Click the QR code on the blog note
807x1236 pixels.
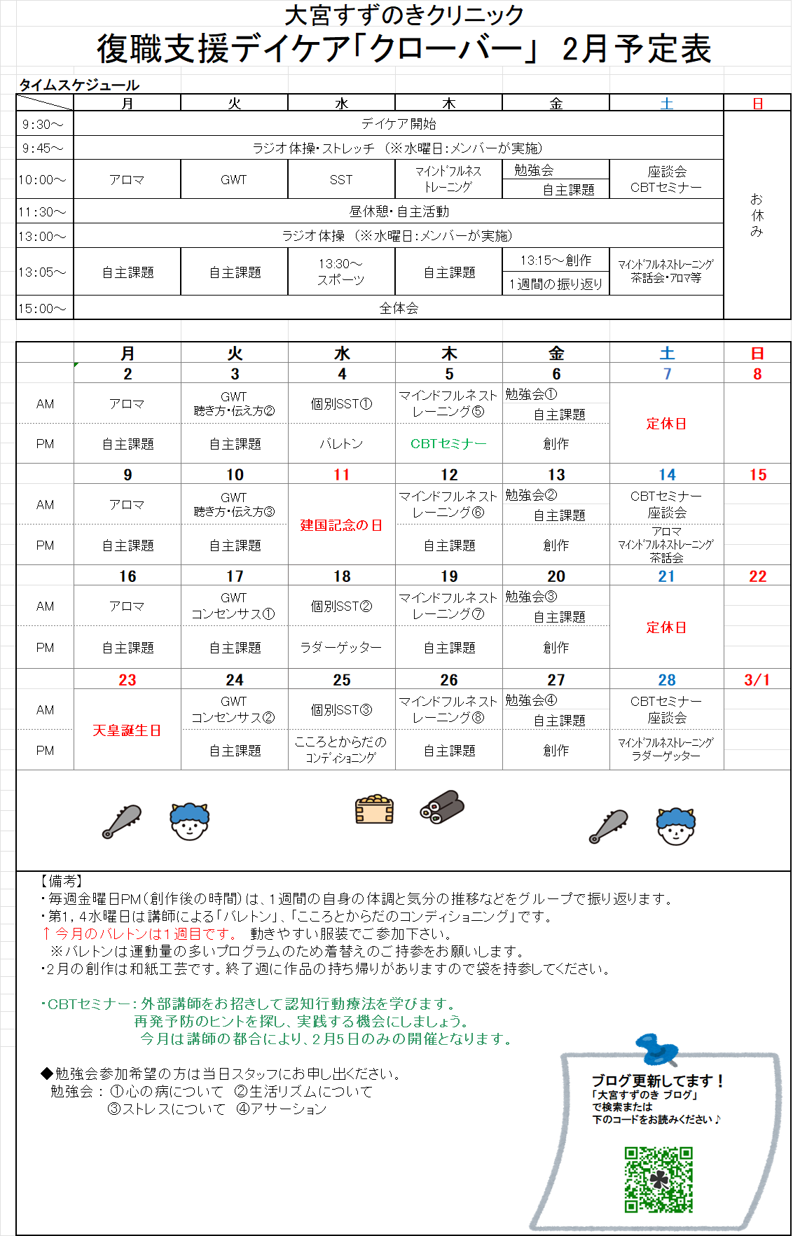(x=658, y=1180)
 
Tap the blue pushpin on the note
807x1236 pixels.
(x=656, y=1048)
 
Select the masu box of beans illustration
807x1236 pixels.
(x=374, y=810)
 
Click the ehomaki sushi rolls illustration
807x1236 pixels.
(x=442, y=807)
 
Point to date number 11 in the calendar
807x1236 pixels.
(x=342, y=475)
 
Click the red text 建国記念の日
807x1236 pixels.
(x=342, y=525)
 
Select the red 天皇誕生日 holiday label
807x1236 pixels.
(x=127, y=730)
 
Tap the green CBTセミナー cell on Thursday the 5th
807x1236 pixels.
(x=448, y=443)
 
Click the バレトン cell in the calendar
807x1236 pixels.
(x=342, y=443)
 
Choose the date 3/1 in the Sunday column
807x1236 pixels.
(x=757, y=680)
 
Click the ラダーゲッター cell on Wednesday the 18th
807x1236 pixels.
(x=342, y=648)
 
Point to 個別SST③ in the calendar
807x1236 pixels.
(x=342, y=709)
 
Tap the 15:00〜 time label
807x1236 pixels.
(x=42, y=308)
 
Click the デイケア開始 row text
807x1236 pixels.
(x=399, y=124)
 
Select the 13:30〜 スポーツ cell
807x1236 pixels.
(x=341, y=272)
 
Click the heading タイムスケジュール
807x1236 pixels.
(x=79, y=85)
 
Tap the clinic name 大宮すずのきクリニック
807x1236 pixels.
(x=404, y=15)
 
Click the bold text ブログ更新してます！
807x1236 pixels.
(x=657, y=1081)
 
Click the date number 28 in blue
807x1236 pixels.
(x=667, y=680)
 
